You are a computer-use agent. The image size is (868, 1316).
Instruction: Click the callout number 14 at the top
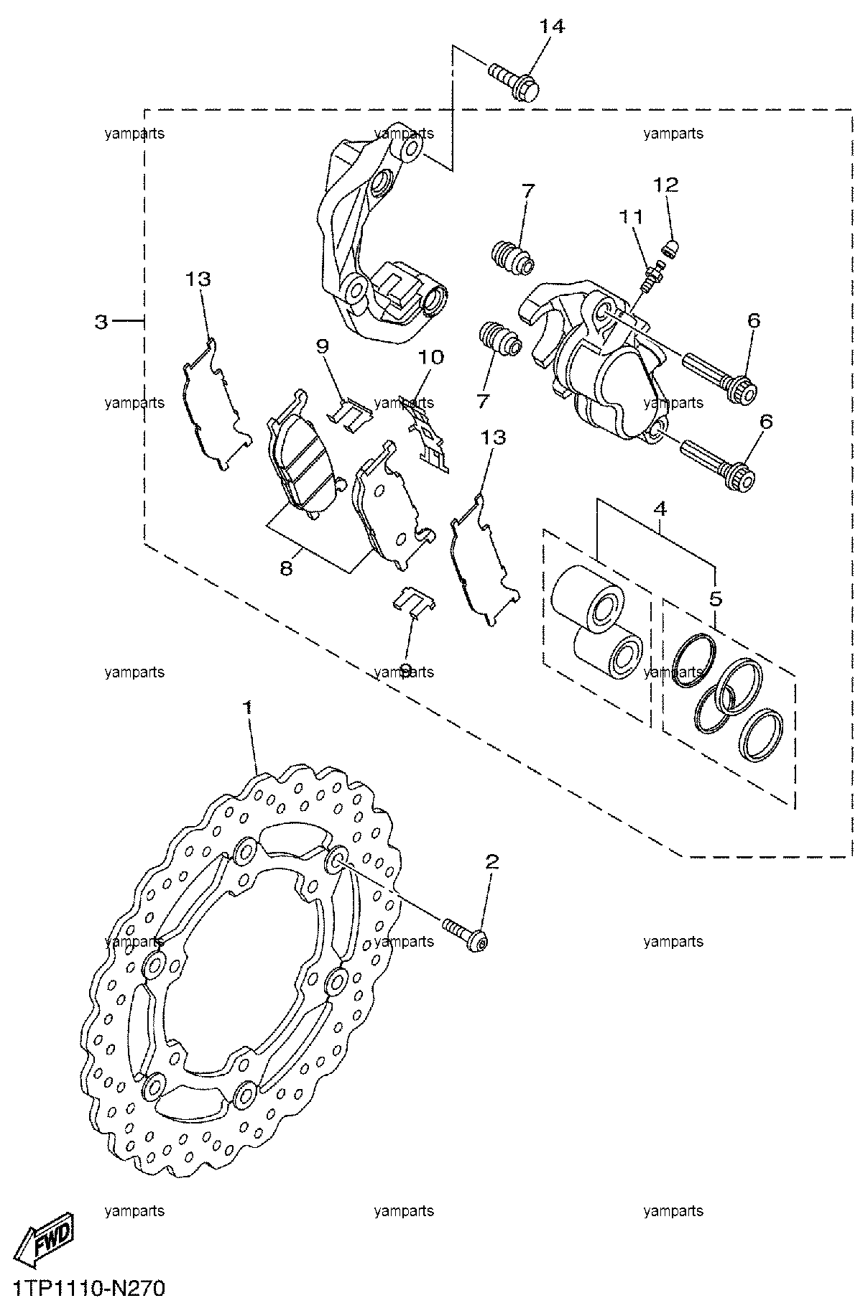coord(553,27)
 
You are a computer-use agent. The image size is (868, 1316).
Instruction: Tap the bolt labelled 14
coord(515,82)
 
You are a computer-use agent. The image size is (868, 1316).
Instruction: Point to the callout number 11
coord(632,216)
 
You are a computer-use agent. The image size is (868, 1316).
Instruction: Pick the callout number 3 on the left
coord(101,322)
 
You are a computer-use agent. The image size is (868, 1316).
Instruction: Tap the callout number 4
coord(660,509)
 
